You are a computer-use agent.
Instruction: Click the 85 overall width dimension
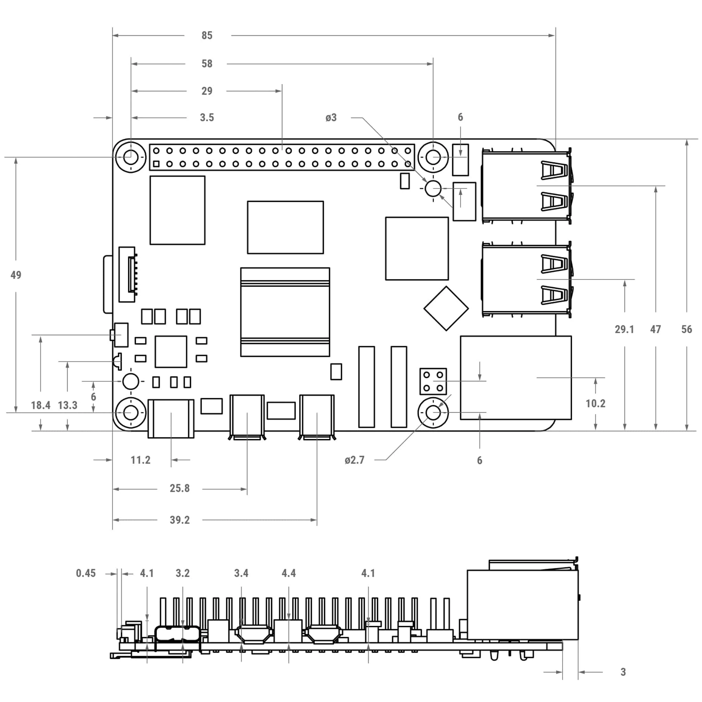(207, 35)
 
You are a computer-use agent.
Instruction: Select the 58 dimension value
(207, 64)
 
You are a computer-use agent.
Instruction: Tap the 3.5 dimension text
(207, 117)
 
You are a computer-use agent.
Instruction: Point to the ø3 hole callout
(331, 117)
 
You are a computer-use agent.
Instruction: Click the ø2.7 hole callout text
(354, 460)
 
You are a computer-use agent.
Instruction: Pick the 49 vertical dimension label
(16, 275)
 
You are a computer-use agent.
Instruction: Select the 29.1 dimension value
(624, 329)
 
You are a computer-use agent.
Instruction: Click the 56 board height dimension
(686, 329)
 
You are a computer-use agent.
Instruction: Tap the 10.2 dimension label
(595, 403)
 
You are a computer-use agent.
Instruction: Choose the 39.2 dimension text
(180, 520)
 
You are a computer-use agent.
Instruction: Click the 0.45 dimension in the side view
(86, 573)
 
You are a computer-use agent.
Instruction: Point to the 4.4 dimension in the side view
(289, 573)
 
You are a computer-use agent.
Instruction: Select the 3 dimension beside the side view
(623, 672)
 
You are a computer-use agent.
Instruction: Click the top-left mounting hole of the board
(131, 157)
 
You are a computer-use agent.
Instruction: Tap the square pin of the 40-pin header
(156, 164)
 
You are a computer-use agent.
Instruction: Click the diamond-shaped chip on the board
(446, 308)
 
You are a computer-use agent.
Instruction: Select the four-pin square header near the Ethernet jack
(433, 381)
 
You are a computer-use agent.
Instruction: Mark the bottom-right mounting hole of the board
(433, 412)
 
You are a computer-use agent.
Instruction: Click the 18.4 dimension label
(40, 405)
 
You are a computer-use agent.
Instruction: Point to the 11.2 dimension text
(140, 460)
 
